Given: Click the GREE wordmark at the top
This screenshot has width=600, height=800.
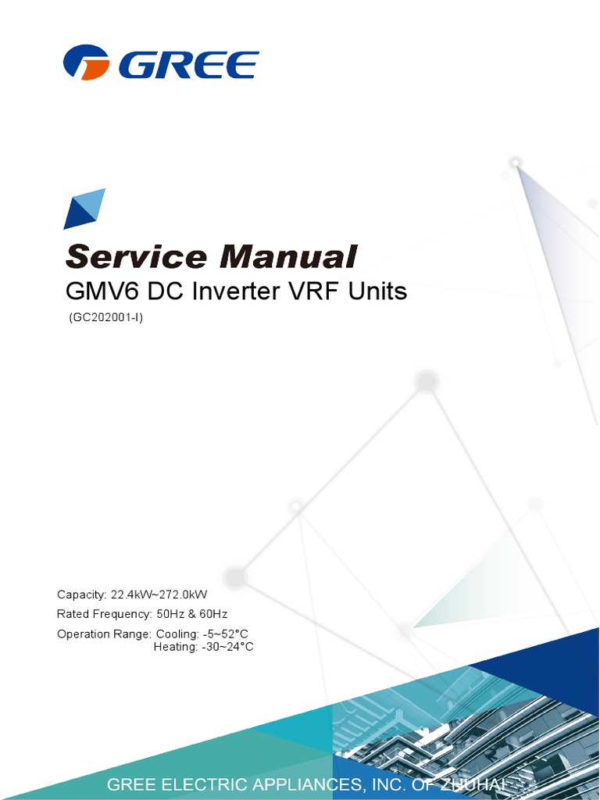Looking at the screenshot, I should pos(190,63).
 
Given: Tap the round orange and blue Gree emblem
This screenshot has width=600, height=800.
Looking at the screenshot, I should pos(86,62).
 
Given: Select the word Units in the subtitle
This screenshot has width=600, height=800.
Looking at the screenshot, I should pos(379,291).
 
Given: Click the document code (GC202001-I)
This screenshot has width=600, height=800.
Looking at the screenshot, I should pos(105,317).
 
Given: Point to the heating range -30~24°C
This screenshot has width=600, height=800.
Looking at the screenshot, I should pos(227,647).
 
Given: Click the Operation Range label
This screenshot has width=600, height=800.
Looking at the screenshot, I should pos(104,634).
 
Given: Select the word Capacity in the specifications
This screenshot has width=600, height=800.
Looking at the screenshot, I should pos(80,595).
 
